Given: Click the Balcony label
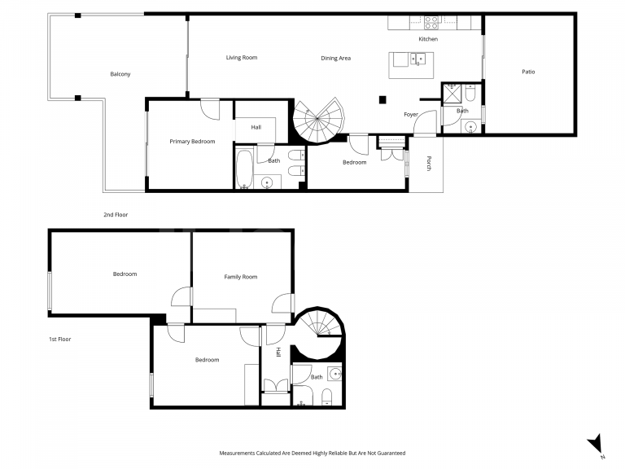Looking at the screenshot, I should [x=120, y=74].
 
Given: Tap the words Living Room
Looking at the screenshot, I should [x=242, y=58].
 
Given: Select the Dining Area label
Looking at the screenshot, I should [x=335, y=58].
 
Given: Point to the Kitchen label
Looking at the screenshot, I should [x=428, y=39].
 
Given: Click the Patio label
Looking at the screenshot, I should [x=528, y=72].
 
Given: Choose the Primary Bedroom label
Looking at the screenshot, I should [x=192, y=142].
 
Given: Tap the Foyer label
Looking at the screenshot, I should [x=411, y=115].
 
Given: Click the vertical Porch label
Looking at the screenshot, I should [x=428, y=163].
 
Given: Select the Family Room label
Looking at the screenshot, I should [x=241, y=277].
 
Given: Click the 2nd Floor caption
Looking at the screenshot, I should [x=116, y=214].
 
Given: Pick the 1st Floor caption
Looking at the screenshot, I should [x=59, y=339].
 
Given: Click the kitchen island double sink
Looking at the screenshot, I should [x=417, y=58].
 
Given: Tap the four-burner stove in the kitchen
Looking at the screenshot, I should [x=432, y=23].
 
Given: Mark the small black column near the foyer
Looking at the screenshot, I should [x=381, y=100].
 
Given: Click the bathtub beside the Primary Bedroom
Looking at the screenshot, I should [x=244, y=169].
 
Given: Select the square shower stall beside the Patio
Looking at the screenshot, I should [x=452, y=94].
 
